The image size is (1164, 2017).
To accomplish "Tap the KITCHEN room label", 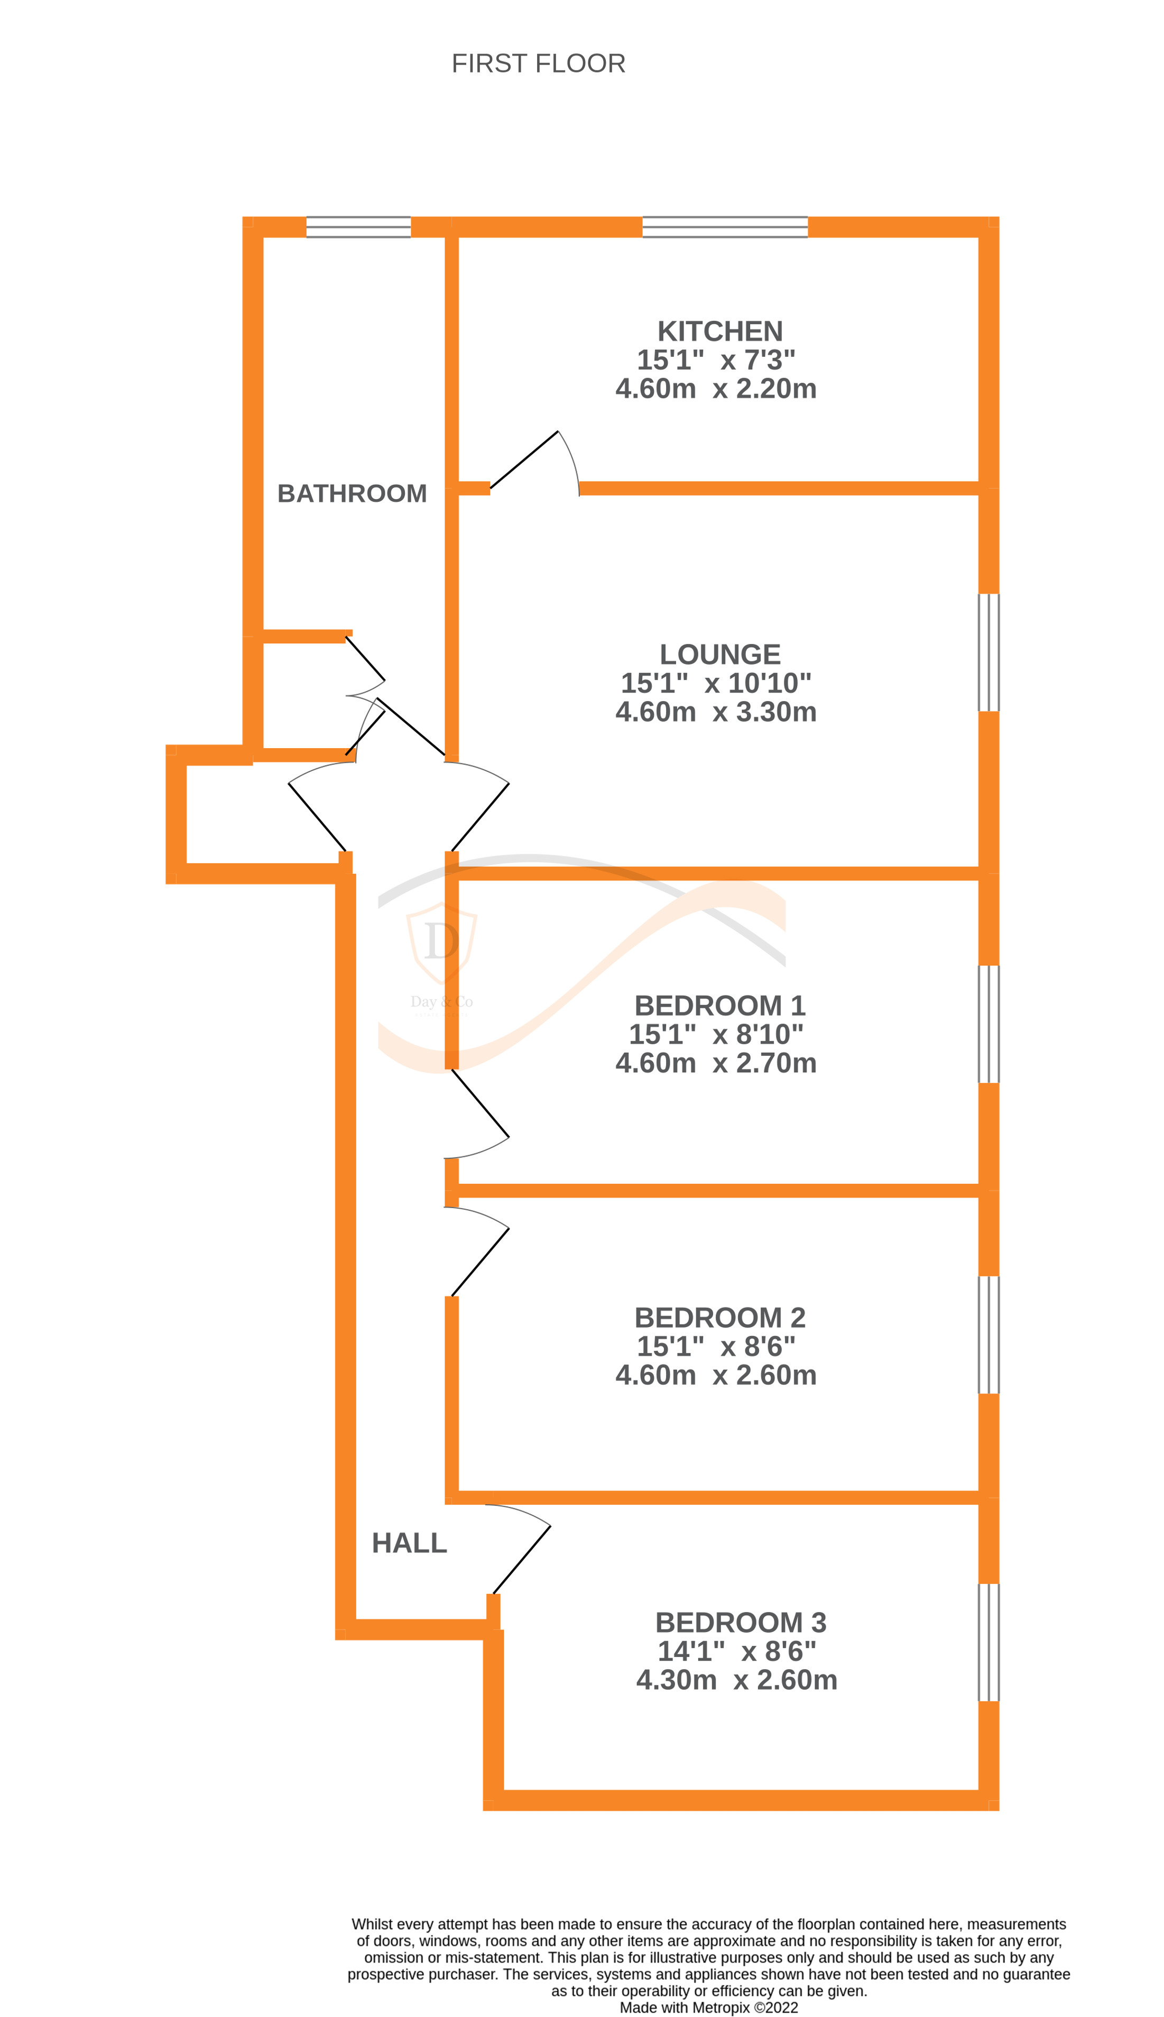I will tap(719, 331).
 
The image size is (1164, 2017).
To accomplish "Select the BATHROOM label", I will tap(352, 493).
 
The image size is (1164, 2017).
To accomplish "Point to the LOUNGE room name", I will tap(719, 654).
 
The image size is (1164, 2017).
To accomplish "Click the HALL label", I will tap(409, 1543).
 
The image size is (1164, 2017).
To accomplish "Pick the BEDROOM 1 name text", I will tap(719, 1005).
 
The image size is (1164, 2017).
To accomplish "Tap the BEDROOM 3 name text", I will tap(740, 1622).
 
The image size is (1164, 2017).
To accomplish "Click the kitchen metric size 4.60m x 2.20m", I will tap(716, 389).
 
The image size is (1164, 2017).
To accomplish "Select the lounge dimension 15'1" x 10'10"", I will tap(716, 683).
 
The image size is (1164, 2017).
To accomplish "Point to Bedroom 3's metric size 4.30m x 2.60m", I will tap(736, 1680).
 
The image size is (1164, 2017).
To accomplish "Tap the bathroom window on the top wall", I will tap(358, 227).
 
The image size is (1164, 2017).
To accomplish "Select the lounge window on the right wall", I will tap(989, 652).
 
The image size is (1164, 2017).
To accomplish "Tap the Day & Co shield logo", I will tap(442, 943).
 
